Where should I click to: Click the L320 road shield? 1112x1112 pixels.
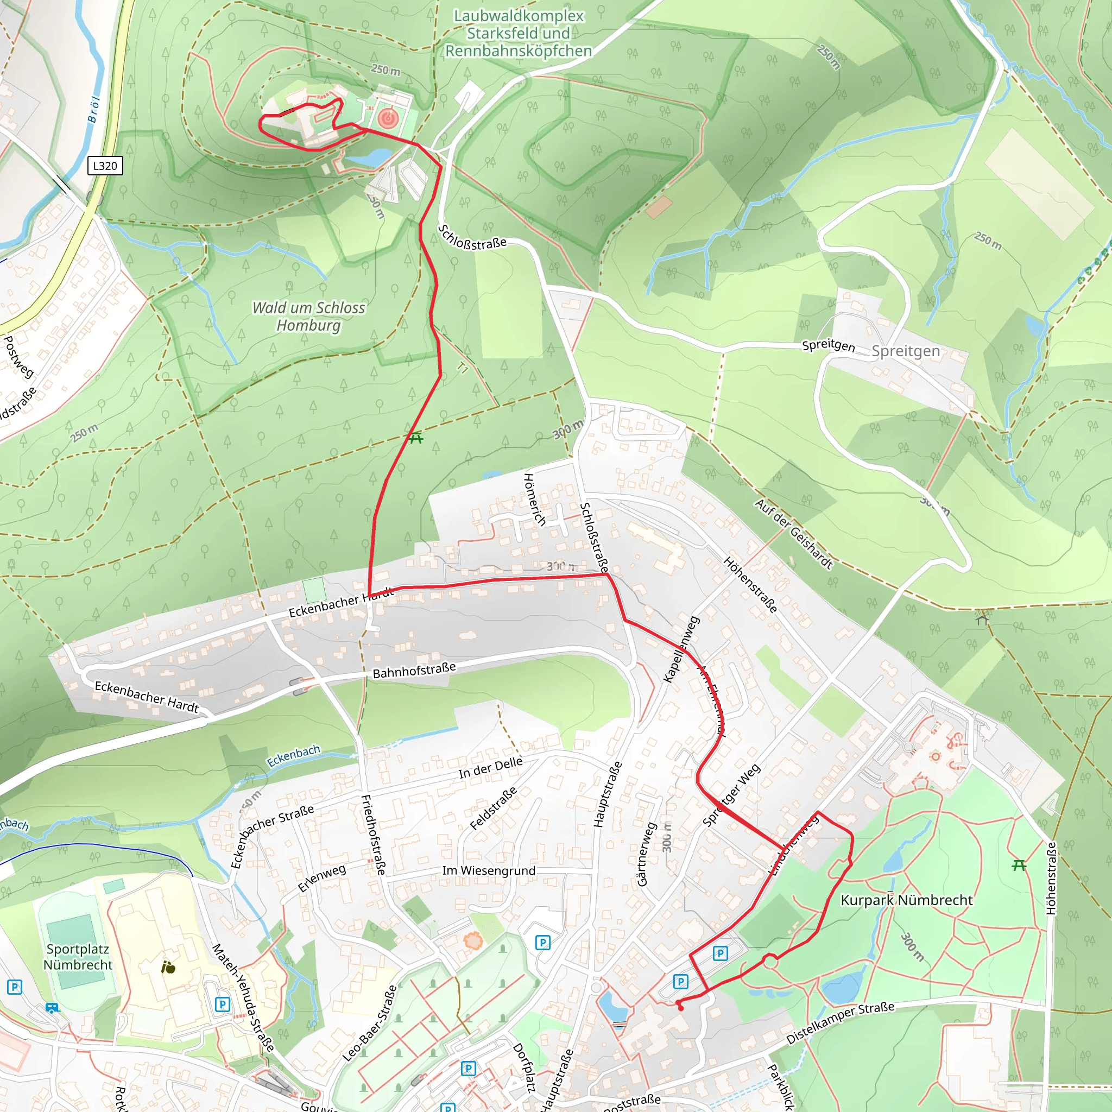[105, 166]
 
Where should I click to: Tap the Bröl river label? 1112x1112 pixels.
[94, 109]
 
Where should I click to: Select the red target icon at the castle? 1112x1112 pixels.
[388, 119]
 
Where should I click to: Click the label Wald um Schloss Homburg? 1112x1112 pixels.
[308, 316]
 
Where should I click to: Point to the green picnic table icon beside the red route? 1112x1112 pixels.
[416, 438]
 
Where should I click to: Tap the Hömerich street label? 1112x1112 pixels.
[534, 499]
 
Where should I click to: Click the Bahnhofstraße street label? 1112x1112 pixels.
[414, 670]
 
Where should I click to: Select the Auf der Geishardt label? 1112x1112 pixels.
[794, 534]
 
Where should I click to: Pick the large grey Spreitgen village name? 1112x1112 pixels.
[905, 351]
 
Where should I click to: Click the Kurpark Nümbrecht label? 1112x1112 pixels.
[907, 900]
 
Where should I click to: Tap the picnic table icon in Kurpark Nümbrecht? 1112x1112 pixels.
[1019, 865]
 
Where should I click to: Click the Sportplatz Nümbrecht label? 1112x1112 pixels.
[78, 957]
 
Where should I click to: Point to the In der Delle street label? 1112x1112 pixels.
[490, 768]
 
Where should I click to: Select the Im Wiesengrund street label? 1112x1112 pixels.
[489, 871]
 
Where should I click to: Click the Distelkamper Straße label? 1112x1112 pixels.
[841, 1023]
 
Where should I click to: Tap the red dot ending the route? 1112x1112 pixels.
[681, 1008]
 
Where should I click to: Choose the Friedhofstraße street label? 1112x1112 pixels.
[373, 835]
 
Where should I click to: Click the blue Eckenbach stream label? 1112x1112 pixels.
[293, 756]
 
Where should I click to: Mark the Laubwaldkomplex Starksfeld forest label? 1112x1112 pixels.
[519, 33]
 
